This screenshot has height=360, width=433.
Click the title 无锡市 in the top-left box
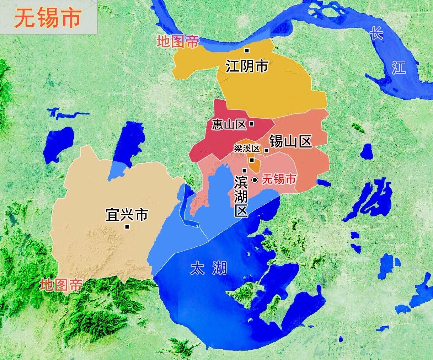click(48, 18)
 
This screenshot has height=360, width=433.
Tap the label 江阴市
click(247, 66)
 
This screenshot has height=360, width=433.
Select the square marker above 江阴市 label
click(247, 50)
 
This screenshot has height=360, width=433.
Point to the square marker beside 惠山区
click(251, 124)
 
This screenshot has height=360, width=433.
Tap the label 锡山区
click(290, 141)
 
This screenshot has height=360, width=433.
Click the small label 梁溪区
click(247, 149)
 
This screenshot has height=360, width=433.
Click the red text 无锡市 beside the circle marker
click(279, 179)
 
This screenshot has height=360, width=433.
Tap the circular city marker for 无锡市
click(255, 180)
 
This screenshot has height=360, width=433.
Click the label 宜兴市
click(127, 215)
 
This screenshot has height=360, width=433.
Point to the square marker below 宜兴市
click(127, 227)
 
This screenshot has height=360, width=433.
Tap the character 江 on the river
click(399, 68)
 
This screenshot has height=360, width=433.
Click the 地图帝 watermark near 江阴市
click(178, 42)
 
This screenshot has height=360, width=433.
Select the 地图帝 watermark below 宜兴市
click(61, 285)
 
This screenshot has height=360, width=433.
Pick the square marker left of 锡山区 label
click(266, 151)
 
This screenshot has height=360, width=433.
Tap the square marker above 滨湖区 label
click(244, 171)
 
